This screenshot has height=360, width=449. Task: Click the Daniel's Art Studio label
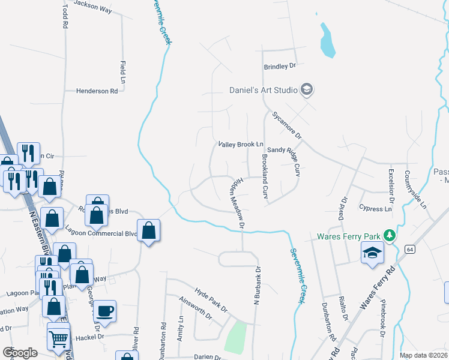tap(264, 91)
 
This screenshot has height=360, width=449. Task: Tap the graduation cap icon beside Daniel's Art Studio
tap(307, 90)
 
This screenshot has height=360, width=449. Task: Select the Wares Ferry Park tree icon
tap(390, 236)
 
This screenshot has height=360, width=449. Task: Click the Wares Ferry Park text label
tap(349, 236)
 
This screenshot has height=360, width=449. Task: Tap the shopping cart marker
tap(58, 338)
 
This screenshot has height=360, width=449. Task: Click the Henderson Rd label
tap(97, 91)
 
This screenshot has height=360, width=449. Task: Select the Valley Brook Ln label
tap(241, 145)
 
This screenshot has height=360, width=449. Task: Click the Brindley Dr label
tap(280, 66)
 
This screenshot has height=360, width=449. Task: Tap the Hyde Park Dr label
tap(207, 301)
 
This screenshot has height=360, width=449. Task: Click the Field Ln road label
tap(123, 70)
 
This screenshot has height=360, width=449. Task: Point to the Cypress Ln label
tap(375, 209)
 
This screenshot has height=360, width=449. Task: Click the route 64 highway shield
tap(409, 248)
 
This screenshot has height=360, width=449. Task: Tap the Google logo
tap(20, 353)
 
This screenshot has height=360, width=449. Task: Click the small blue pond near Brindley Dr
tap(327, 41)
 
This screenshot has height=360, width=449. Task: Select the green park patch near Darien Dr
tap(236, 337)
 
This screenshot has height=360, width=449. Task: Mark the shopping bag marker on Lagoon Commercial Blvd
tap(149, 231)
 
